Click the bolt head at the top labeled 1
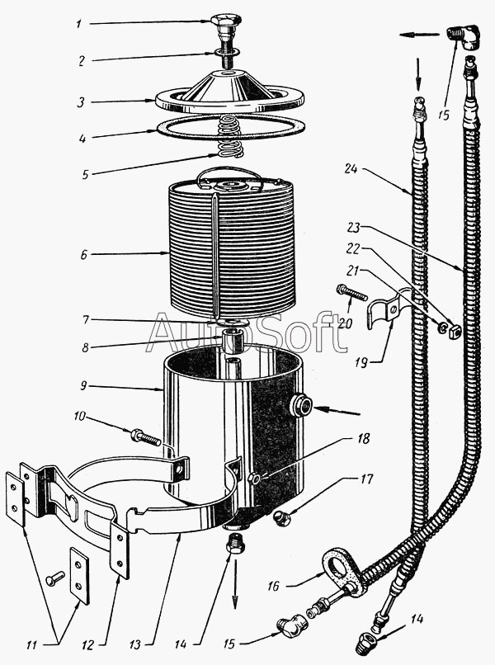click(227, 21)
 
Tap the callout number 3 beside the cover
click(81, 102)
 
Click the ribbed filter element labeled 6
click(232, 250)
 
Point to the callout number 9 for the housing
click(83, 386)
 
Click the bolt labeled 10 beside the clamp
click(146, 436)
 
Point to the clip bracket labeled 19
click(387, 308)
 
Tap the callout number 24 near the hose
click(351, 169)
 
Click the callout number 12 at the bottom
click(87, 645)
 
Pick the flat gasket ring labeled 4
click(232, 127)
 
